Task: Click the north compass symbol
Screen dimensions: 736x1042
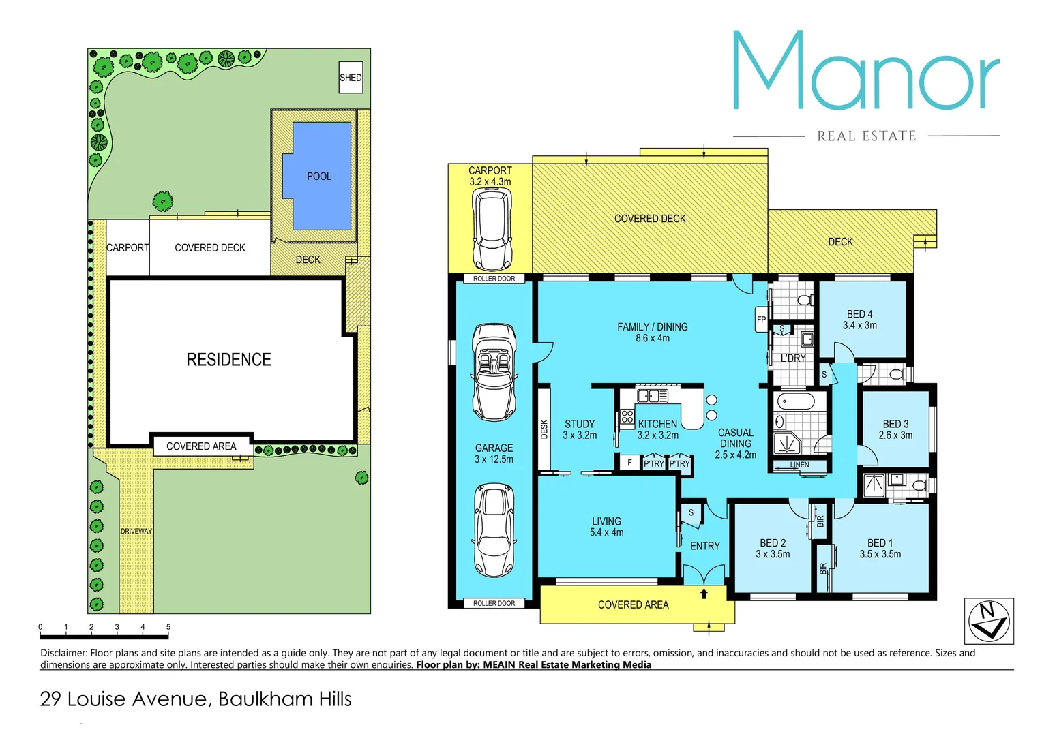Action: point(989,621)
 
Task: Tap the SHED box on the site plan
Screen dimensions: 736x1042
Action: point(351,78)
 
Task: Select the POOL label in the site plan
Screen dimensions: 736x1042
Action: point(319,177)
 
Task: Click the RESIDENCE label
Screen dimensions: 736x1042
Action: point(228,360)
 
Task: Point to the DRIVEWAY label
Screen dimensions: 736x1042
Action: point(136,531)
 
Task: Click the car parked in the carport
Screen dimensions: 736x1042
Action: point(492,229)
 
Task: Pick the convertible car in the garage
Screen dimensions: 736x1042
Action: point(494,372)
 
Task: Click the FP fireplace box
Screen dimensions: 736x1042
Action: point(762,320)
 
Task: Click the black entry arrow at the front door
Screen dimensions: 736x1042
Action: point(704,594)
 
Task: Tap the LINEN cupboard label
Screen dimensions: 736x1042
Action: point(799,465)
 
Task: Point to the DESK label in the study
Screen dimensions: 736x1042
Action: point(544,429)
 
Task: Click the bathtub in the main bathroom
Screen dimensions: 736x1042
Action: point(795,401)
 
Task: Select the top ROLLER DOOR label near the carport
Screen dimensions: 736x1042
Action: point(494,279)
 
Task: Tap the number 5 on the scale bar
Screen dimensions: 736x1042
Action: point(168,627)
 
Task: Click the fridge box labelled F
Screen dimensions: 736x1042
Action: point(629,463)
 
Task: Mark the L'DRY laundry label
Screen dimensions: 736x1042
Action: point(793,358)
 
